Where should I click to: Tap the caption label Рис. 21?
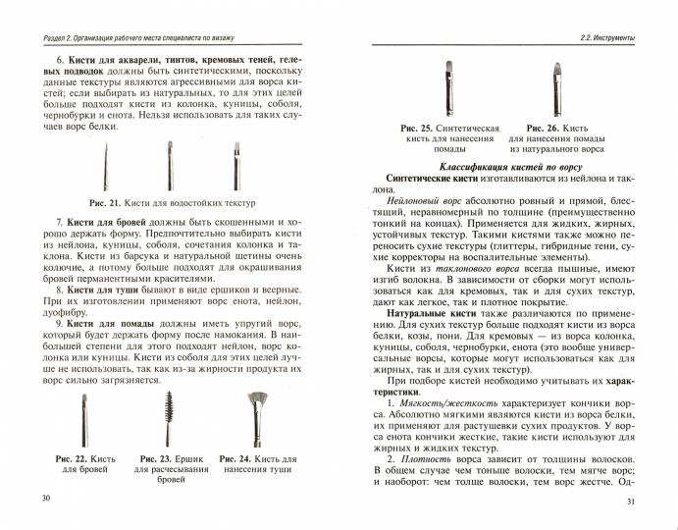pyautogui.click(x=106, y=202)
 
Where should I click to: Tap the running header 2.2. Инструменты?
pyautogui.click(x=605, y=38)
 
